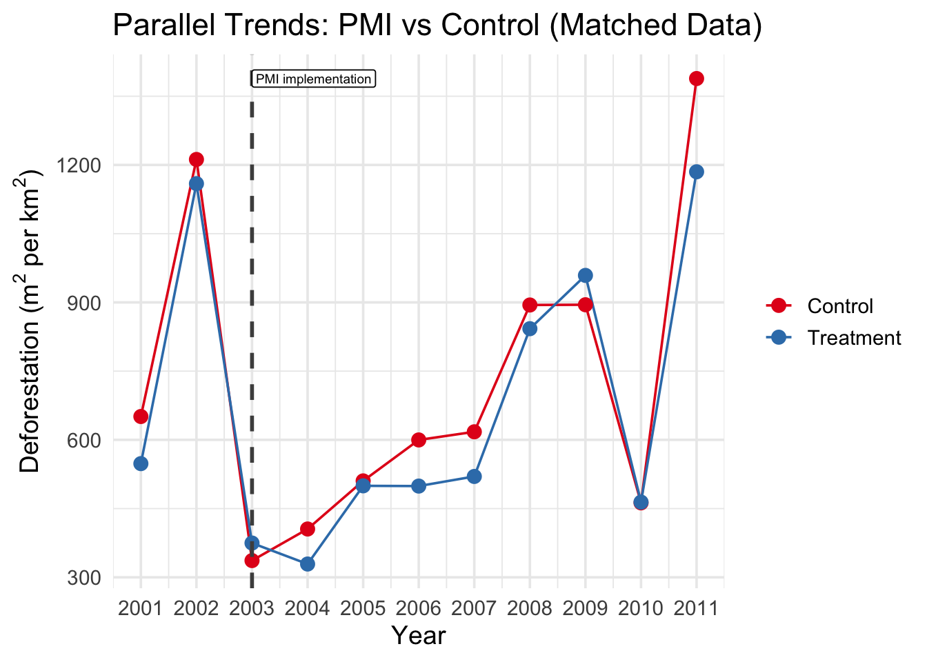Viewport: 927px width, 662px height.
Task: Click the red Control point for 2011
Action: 697,79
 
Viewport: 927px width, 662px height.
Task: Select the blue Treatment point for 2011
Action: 697,172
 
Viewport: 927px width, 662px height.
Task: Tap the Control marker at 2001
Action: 141,416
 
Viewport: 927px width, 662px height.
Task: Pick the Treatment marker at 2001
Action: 141,463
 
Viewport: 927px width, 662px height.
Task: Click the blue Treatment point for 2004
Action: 308,564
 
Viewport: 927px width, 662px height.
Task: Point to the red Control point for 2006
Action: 419,440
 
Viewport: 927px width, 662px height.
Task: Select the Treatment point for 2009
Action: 586,275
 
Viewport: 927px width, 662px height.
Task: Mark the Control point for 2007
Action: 475,432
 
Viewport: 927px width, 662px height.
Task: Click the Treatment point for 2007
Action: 475,477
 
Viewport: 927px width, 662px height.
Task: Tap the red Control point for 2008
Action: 530,305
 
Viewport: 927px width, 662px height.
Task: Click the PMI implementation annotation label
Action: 313,79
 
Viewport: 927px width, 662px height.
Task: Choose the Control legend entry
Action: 839,306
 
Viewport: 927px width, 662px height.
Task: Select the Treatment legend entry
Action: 853,338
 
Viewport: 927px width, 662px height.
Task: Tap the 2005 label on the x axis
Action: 363,609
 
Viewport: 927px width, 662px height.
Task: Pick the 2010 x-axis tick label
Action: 641,609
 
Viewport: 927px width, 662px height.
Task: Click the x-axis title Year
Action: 419,636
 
